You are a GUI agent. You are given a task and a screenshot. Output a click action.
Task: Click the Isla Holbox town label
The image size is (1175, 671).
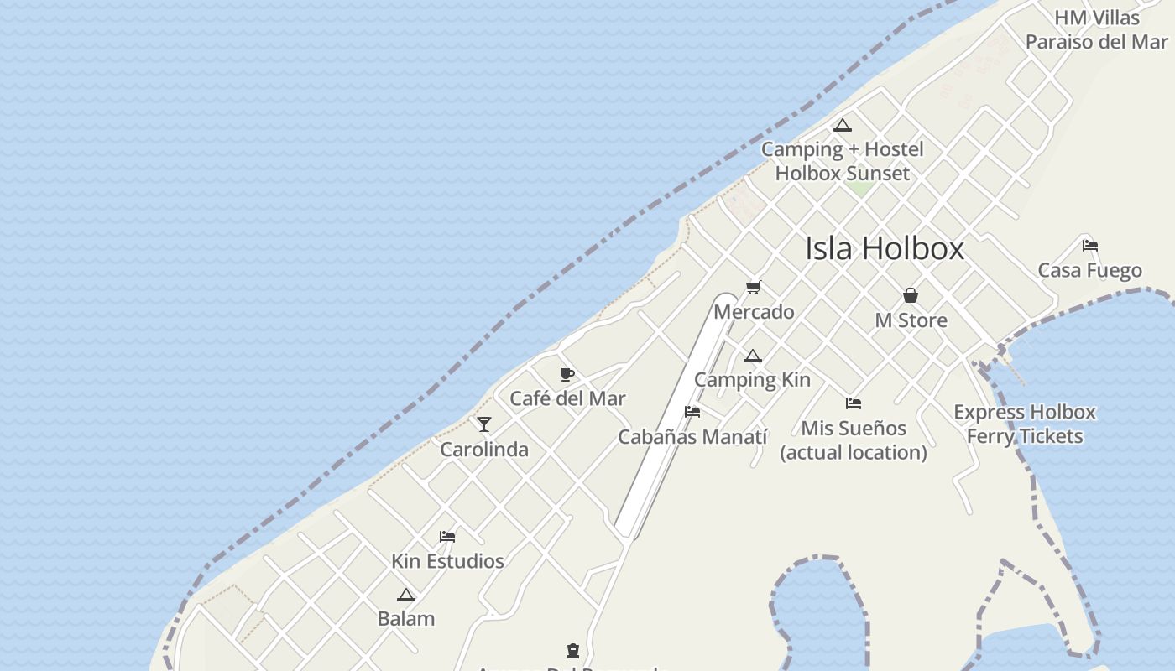pyautogui.click(x=885, y=249)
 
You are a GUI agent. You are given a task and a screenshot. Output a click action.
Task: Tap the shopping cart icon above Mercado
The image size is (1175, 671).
pyautogui.click(x=753, y=288)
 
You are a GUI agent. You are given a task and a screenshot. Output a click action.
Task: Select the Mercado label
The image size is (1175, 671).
pyautogui.click(x=754, y=312)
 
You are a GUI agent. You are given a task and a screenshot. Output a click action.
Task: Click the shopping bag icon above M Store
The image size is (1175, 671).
pyautogui.click(x=911, y=295)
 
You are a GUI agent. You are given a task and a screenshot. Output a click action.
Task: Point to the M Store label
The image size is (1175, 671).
pyautogui.click(x=911, y=320)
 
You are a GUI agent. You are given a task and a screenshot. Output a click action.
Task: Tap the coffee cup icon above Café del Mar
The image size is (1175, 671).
pyautogui.click(x=567, y=374)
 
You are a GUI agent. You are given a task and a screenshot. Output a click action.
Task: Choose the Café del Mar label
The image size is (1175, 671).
pyautogui.click(x=568, y=398)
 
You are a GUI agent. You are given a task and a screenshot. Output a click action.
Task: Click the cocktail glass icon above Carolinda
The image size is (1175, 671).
pyautogui.click(x=484, y=424)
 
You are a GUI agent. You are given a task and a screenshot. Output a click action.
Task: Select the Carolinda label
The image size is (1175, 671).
pyautogui.click(x=484, y=450)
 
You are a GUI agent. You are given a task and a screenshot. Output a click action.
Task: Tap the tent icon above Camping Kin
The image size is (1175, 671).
pyautogui.click(x=752, y=356)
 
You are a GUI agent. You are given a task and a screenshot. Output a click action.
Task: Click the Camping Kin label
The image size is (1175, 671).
pyautogui.click(x=752, y=380)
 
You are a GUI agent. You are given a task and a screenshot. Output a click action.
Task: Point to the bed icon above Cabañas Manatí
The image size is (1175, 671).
pyautogui.click(x=692, y=412)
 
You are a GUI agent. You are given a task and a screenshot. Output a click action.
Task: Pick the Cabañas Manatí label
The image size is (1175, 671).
pyautogui.click(x=692, y=437)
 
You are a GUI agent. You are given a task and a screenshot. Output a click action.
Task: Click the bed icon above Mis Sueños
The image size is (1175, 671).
pyautogui.click(x=854, y=403)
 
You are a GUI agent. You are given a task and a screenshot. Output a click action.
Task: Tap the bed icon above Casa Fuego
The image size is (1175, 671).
pyautogui.click(x=1090, y=246)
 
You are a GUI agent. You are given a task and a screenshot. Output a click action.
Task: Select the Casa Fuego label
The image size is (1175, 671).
pyautogui.click(x=1090, y=271)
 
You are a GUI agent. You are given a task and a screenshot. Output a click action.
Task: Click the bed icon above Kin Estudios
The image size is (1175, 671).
pyautogui.click(x=447, y=537)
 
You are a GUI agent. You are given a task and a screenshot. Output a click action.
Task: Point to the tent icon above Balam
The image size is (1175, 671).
pyautogui.click(x=406, y=596)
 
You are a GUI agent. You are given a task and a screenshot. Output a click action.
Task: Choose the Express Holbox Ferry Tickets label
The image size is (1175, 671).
pyautogui.click(x=1025, y=424)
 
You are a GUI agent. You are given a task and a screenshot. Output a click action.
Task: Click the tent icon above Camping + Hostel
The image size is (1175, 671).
pyautogui.click(x=843, y=126)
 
